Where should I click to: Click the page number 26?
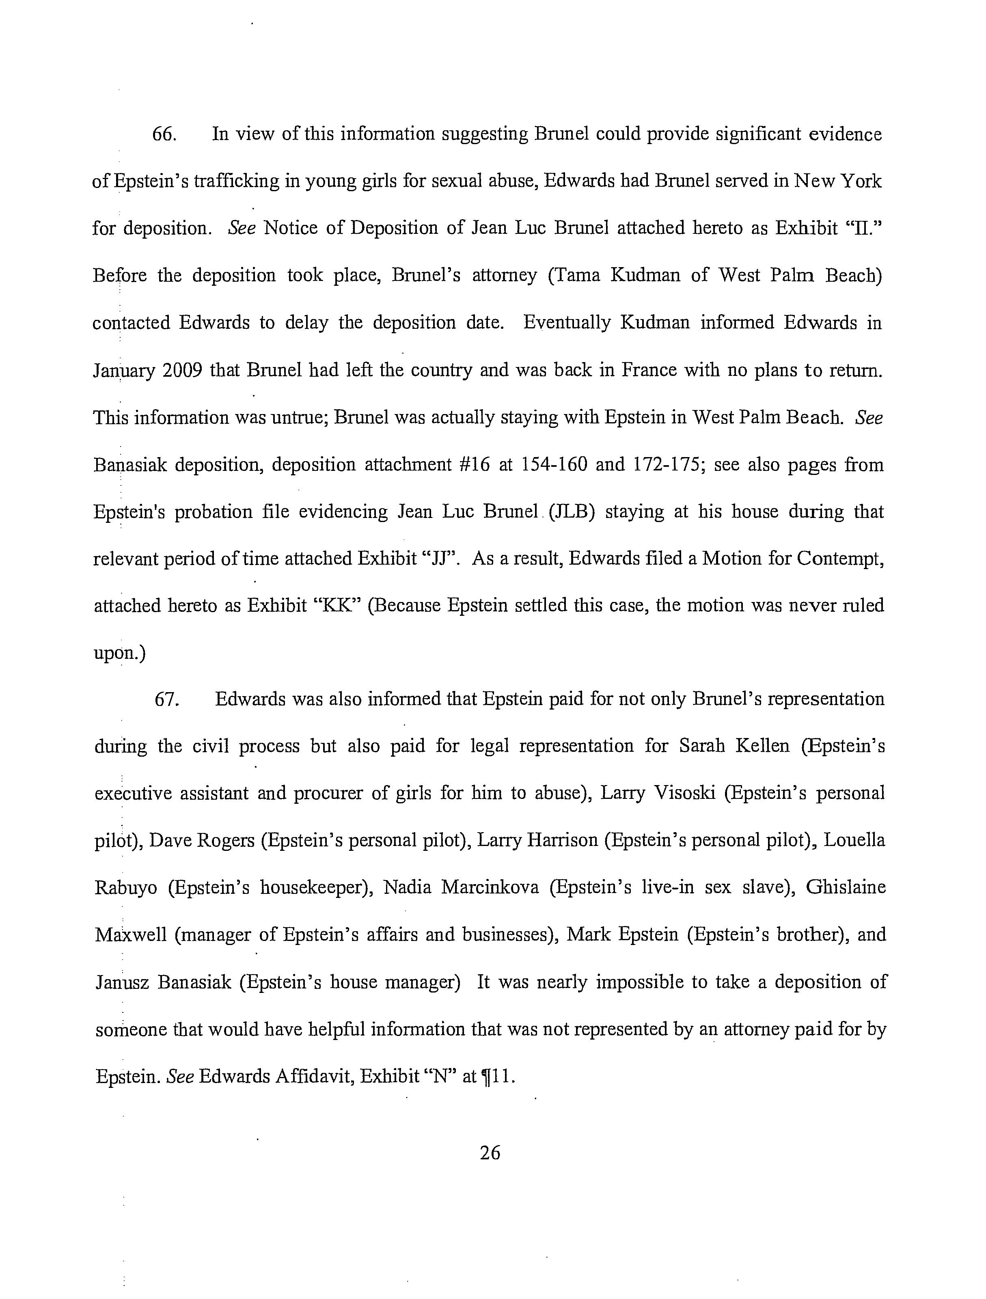pos(490,1153)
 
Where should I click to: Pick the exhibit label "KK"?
pos(338,606)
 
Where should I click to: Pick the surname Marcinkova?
pos(490,887)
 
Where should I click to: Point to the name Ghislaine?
pos(846,887)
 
